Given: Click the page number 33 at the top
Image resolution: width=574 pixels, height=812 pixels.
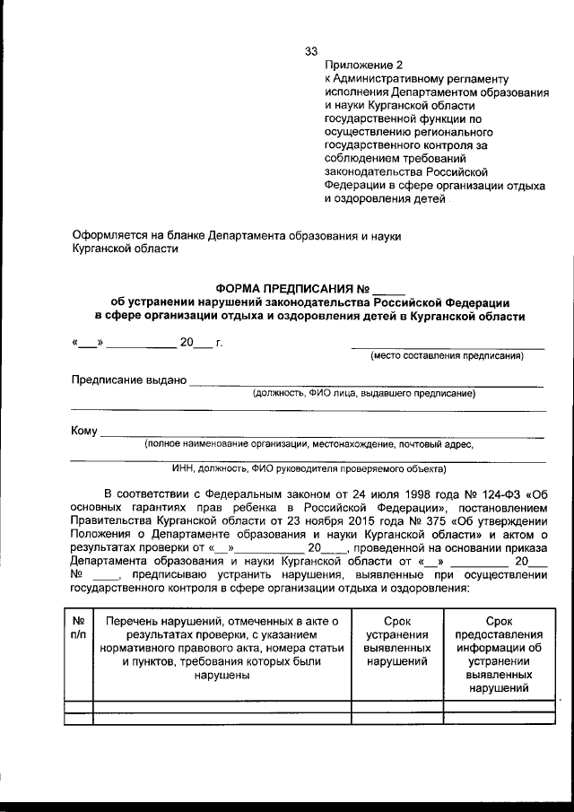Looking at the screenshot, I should [312, 51].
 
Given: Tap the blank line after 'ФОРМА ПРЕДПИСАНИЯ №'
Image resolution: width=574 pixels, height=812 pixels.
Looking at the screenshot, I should [388, 292].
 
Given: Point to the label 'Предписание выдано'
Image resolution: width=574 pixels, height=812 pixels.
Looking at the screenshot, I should [128, 380].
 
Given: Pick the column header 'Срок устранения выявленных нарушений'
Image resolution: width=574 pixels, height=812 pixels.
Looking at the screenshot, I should [397, 642].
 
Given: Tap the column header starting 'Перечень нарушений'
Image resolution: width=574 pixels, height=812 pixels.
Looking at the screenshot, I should [221, 648].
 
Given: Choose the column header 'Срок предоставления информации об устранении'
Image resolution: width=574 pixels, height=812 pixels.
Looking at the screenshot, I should [499, 655].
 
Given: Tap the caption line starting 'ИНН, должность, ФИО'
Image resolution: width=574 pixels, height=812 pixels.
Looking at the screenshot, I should [308, 467].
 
